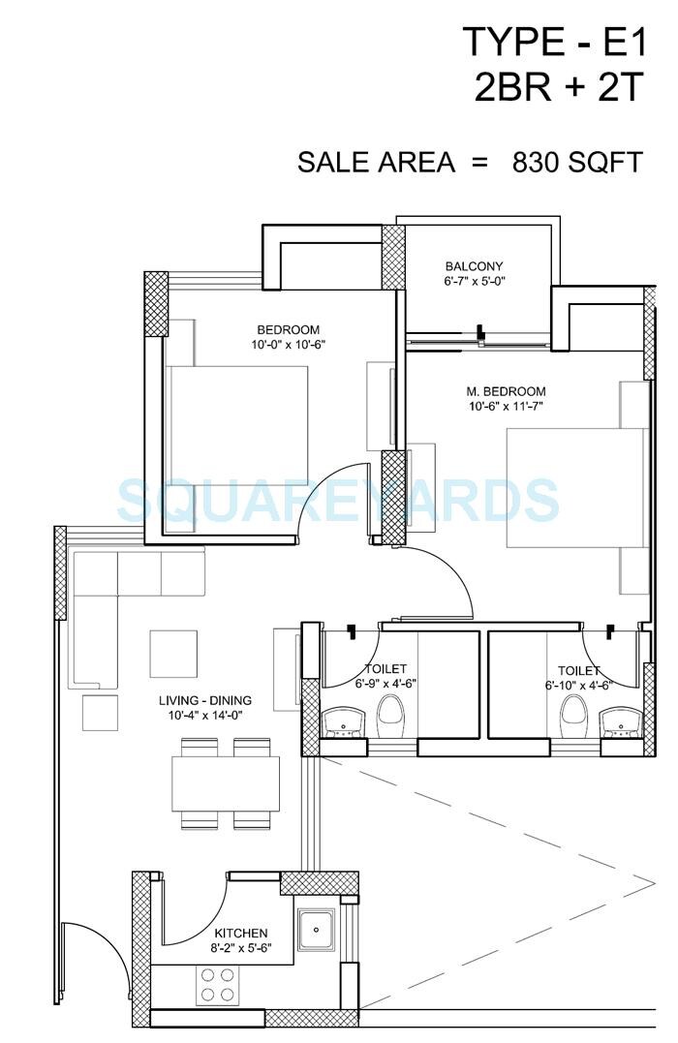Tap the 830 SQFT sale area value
click(577, 162)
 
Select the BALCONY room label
click(474, 266)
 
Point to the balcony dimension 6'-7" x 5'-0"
click(475, 282)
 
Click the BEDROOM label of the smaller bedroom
click(288, 329)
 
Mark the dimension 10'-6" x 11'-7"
click(505, 407)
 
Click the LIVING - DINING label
click(205, 700)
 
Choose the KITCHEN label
click(240, 933)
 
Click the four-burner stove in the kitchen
click(217, 985)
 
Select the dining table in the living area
click(226, 783)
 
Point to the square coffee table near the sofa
click(173, 654)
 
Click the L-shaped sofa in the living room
click(107, 591)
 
